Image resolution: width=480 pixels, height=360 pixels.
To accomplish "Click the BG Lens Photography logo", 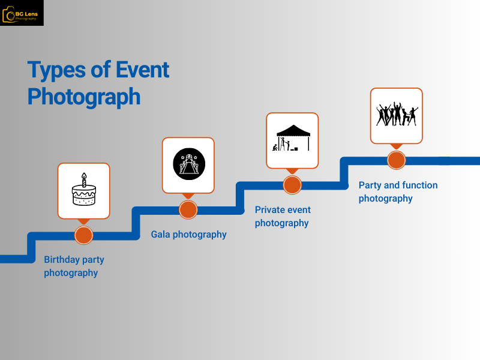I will coord(22,13).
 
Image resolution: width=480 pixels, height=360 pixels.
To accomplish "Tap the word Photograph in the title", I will coord(84,97).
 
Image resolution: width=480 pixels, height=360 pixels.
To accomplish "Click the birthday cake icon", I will coord(83,191).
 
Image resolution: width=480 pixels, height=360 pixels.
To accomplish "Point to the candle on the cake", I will coord(84,179).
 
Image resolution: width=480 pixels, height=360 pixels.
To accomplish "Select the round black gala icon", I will coord(188,164).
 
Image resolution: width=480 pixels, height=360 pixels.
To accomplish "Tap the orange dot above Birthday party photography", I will coord(83,235).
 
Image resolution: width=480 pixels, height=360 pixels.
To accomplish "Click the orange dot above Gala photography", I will coord(188,209).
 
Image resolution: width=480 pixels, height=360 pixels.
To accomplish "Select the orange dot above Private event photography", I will coord(292,184).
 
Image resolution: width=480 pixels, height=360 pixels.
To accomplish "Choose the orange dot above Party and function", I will coord(396,160).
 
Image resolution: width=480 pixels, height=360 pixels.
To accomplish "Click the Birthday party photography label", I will coord(74,266).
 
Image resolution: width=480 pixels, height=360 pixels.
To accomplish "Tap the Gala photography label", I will coord(188,235).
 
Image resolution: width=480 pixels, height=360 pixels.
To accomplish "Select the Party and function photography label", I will coord(398,191).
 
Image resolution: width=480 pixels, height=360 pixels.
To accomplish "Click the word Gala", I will coord(160,235).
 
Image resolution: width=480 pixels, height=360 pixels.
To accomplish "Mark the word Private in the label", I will coord(270,210).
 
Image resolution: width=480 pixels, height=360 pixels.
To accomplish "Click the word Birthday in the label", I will coord(63,260).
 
